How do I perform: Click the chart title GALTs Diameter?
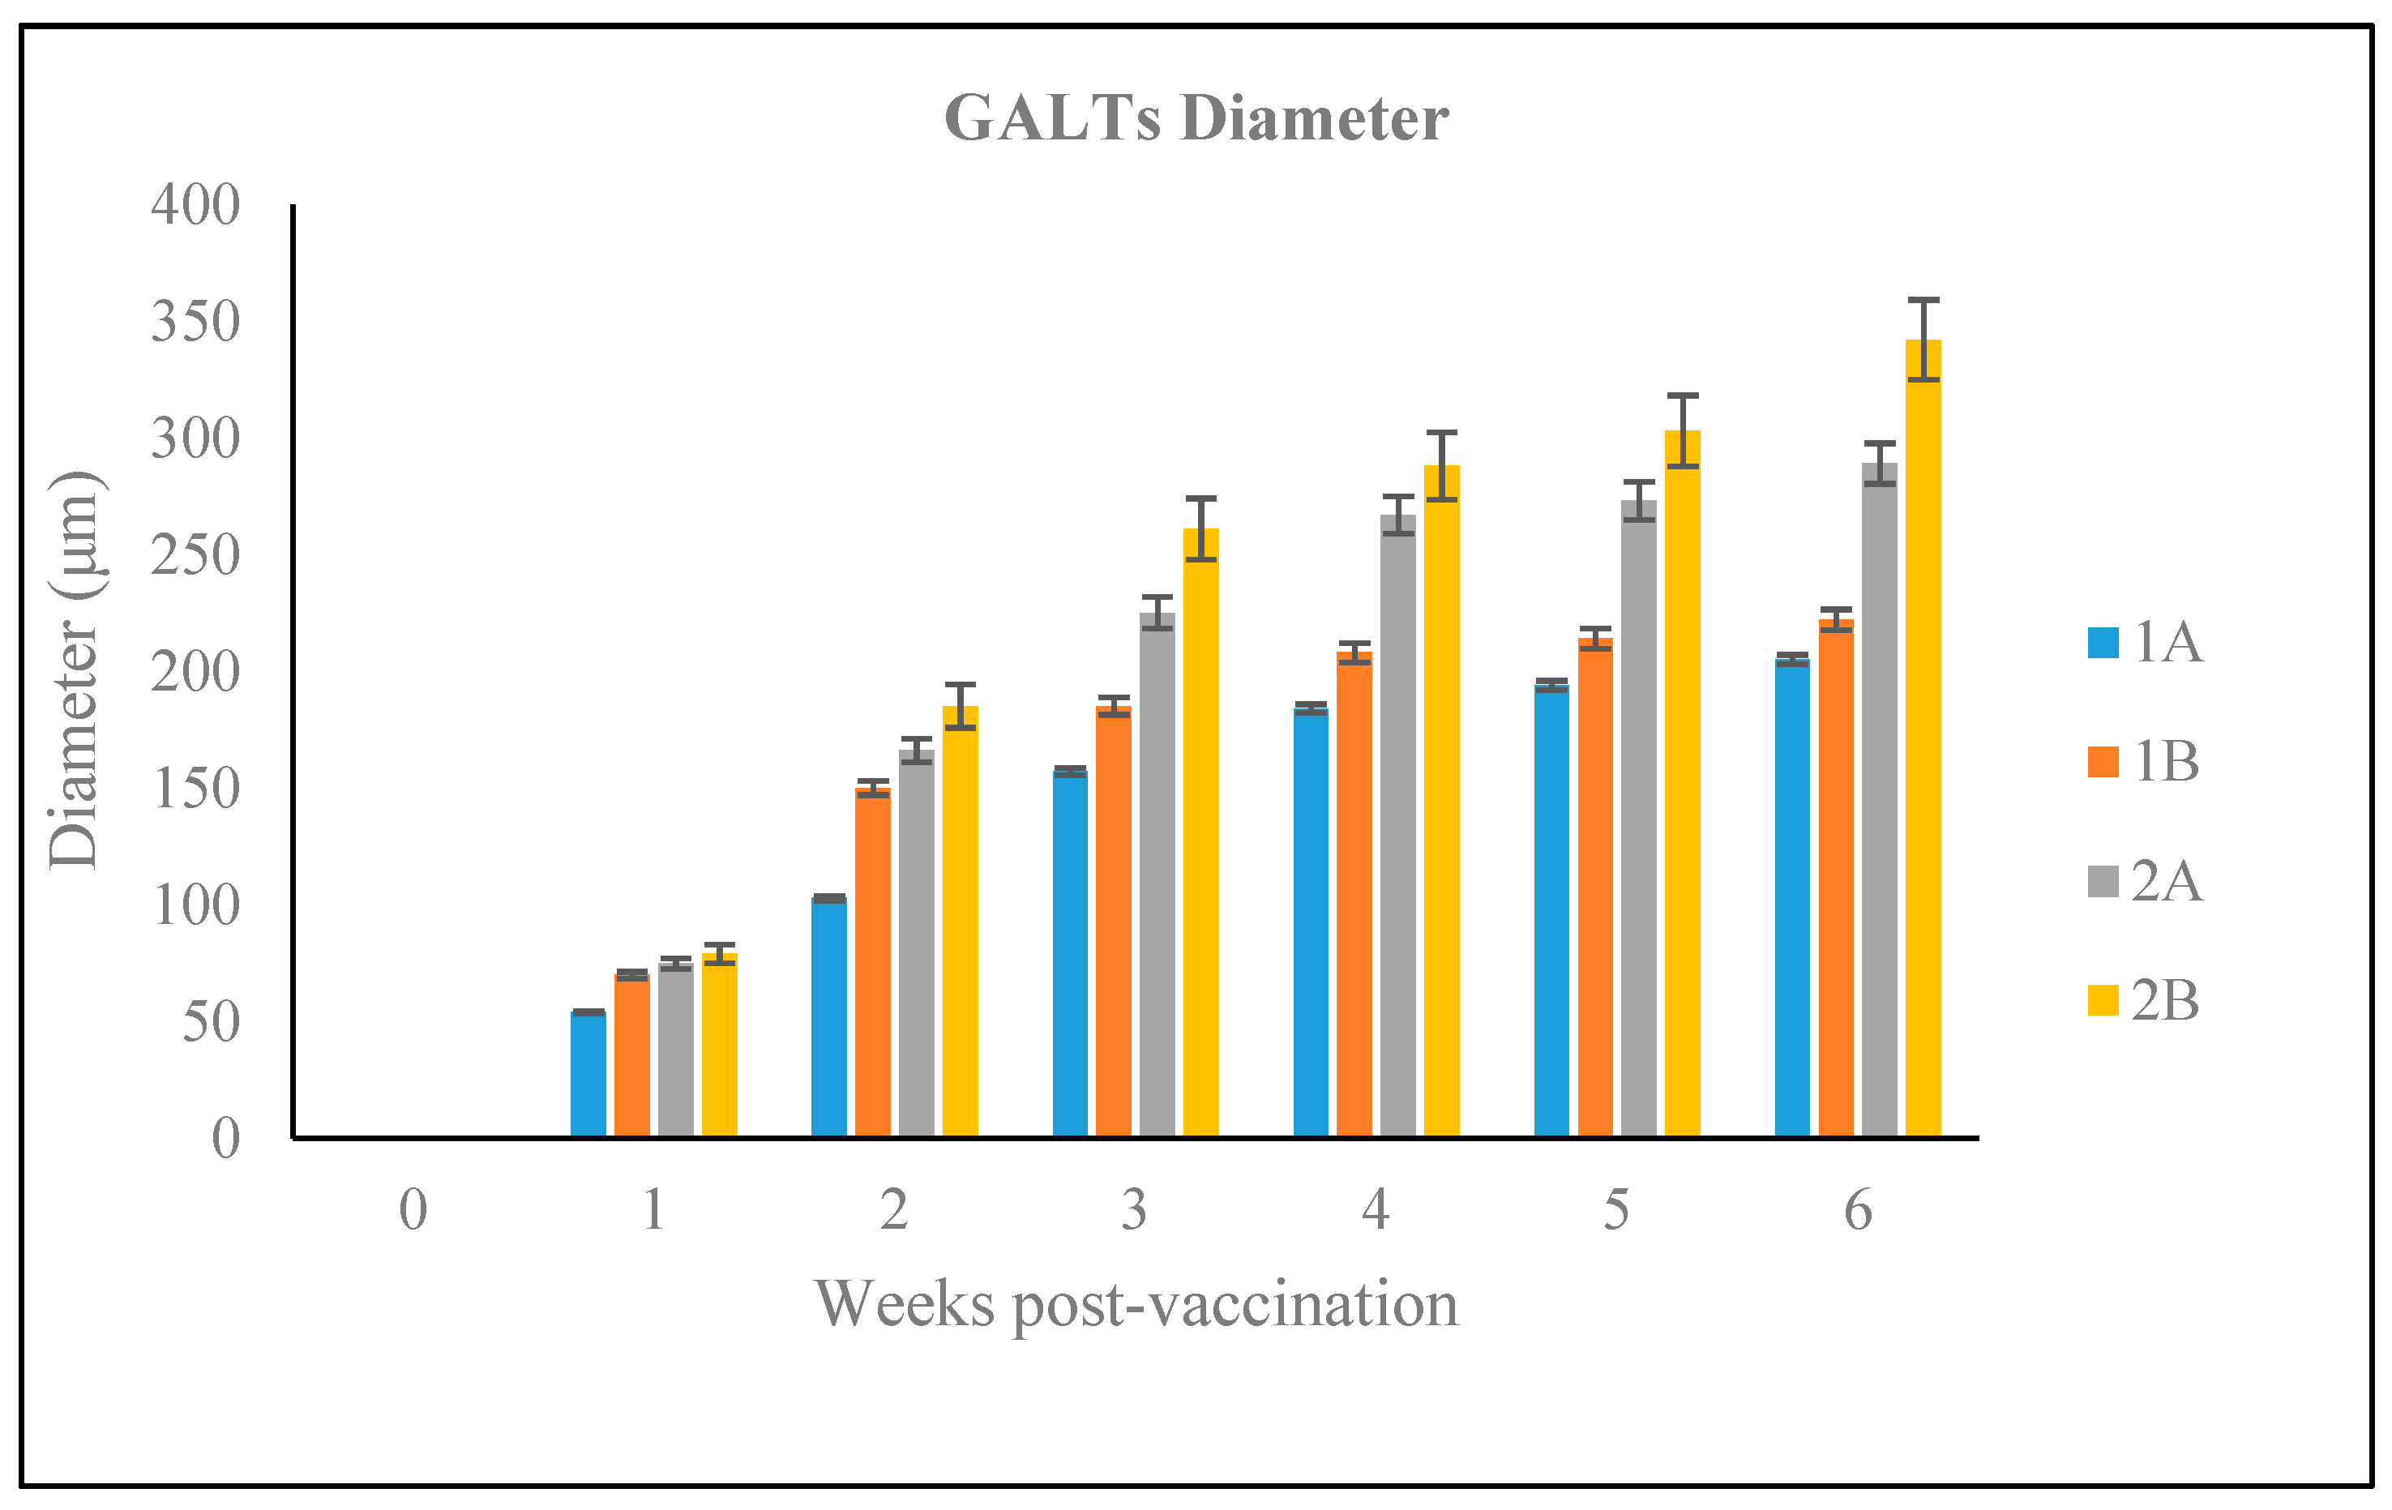[1196, 118]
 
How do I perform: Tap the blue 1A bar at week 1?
[588, 1073]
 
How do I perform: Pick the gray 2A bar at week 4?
[1397, 824]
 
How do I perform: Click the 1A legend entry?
[2146, 642]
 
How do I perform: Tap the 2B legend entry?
[2146, 1000]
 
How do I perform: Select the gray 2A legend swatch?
[2103, 881]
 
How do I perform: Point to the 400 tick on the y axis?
[195, 206]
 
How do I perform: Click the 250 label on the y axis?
[195, 555]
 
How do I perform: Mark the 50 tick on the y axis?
[211, 1021]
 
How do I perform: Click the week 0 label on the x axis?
[413, 1210]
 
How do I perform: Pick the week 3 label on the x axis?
[1135, 1210]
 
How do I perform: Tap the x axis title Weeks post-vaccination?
[1136, 1303]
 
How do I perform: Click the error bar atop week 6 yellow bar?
[1924, 339]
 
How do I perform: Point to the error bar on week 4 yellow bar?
[1442, 466]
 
